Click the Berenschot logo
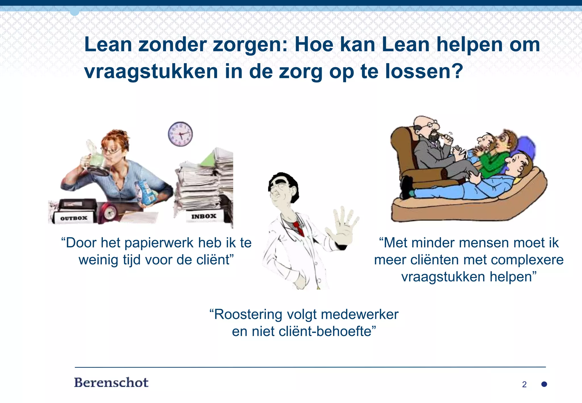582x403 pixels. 111,383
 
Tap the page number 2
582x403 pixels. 524,385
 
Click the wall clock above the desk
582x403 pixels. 180,134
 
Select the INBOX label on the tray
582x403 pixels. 204,217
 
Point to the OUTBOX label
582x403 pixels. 74,218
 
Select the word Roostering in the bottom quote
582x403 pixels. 248,315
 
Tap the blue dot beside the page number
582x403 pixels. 544,384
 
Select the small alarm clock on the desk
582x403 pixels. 109,212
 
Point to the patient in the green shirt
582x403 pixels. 494,159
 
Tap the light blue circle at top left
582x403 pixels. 74,12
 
